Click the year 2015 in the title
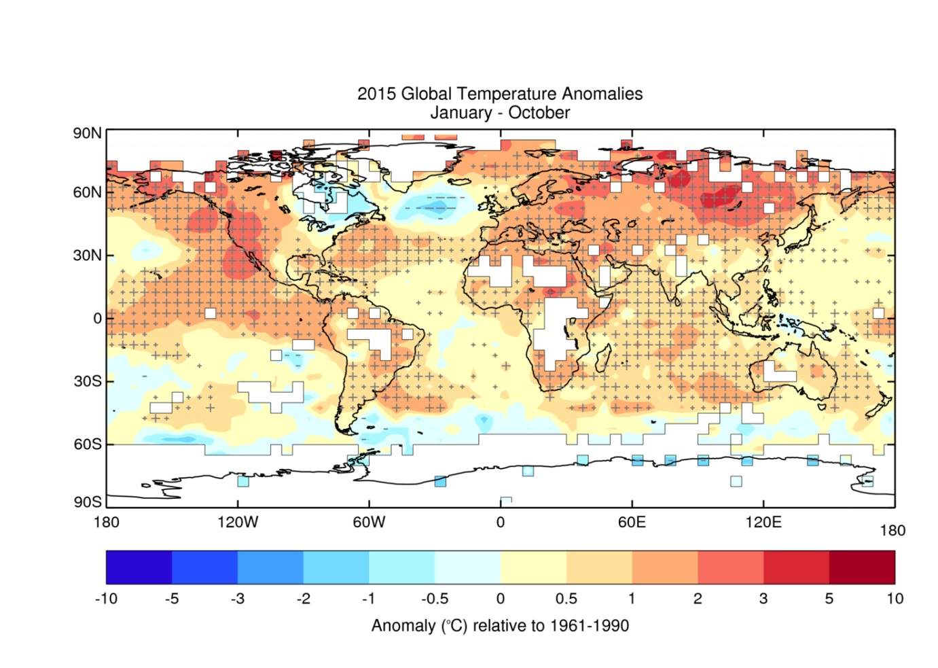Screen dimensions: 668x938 click(376, 94)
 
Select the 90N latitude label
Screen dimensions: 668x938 click(87, 133)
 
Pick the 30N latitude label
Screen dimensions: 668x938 click(87, 256)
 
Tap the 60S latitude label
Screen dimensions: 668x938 click(87, 444)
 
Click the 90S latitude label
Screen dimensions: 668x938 click(87, 502)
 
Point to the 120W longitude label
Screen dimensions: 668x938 click(238, 523)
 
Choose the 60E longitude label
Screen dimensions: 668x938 click(632, 523)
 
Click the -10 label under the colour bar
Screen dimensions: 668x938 click(106, 599)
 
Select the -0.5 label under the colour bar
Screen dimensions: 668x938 click(435, 599)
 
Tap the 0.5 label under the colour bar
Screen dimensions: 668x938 click(566, 599)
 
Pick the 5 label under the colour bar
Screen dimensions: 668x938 click(829, 599)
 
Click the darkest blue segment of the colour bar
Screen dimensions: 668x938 click(139, 567)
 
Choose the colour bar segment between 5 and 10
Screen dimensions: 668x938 click(862, 567)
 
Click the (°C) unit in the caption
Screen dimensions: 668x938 click(454, 626)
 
